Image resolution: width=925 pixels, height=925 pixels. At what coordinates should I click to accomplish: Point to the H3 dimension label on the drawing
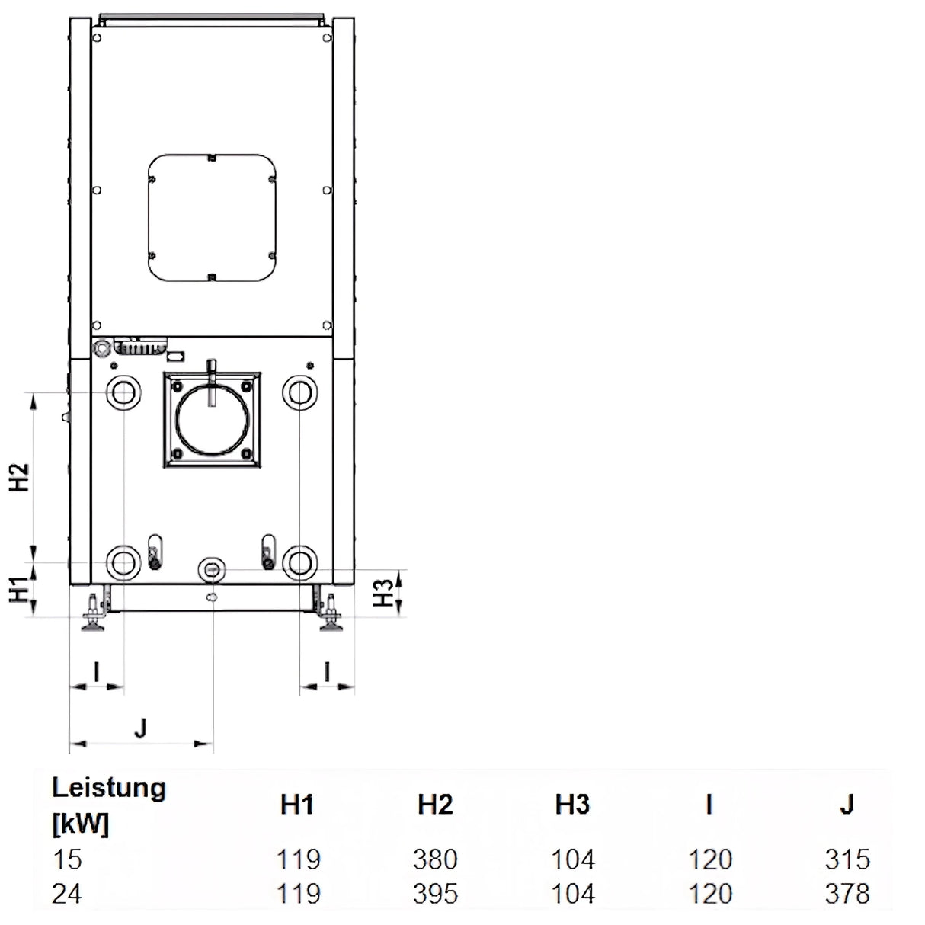coord(387,592)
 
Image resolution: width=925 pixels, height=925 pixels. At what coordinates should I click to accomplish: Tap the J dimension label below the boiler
coord(139,728)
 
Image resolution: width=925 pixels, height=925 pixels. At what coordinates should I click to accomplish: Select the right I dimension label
coord(327,672)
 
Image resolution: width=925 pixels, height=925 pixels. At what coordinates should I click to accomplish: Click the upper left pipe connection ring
coord(123,393)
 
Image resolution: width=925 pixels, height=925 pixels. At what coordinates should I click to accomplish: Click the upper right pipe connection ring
coord(299,393)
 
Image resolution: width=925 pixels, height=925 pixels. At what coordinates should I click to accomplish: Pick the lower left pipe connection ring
coord(123,563)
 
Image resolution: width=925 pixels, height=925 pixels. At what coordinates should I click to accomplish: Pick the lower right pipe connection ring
coord(299,563)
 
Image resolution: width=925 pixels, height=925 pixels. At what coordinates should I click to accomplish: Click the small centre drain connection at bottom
coord(212,568)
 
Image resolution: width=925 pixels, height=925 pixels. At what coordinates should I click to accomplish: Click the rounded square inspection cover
coord(211,216)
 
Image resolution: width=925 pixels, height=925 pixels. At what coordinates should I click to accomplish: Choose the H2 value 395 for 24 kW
coord(435,893)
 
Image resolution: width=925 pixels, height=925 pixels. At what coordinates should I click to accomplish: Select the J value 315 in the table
coord(847,859)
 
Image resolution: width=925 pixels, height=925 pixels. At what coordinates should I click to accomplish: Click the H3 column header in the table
coord(572,805)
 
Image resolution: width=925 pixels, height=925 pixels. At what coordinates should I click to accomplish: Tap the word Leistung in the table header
coord(108,788)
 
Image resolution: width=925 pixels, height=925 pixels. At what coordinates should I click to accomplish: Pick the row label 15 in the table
coord(66,859)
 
